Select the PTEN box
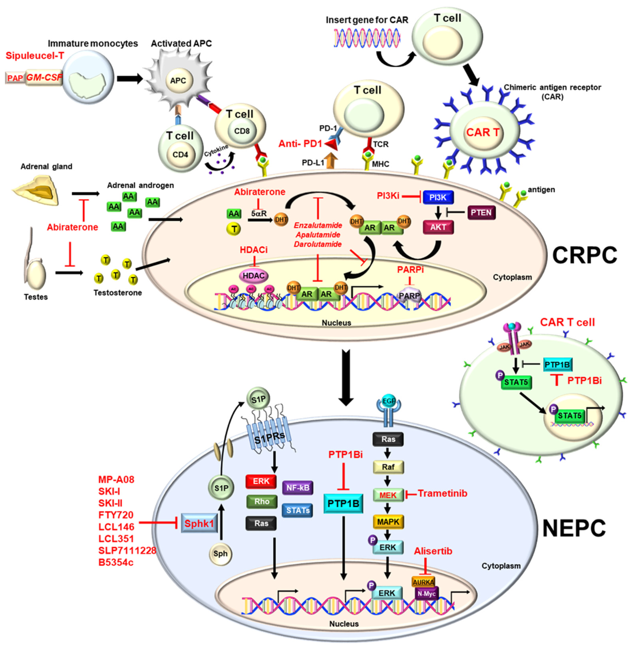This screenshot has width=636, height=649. [481, 212]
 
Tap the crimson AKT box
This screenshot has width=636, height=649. [438, 227]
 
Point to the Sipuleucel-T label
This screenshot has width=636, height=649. [35, 55]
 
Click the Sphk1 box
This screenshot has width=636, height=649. [199, 523]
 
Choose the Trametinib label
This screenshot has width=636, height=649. [442, 493]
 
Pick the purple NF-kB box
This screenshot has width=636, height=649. [298, 488]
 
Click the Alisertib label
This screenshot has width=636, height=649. [433, 551]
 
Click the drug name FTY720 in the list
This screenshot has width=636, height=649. [116, 515]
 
